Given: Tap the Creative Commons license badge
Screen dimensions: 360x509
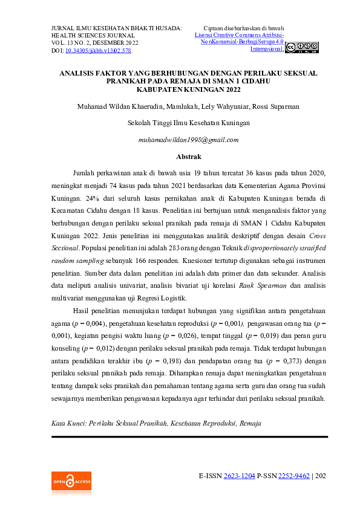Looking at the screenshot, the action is [x=301, y=47].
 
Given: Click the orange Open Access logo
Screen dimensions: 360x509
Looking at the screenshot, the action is [x=71, y=482].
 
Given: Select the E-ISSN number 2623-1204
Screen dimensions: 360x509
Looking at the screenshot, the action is [x=239, y=476].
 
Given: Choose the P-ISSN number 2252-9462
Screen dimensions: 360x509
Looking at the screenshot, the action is [x=293, y=476].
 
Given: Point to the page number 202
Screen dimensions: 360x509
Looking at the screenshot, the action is [x=321, y=476].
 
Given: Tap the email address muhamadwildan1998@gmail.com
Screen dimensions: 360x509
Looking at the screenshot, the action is [x=188, y=140].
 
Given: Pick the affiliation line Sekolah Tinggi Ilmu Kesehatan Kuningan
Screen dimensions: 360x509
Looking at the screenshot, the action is [x=188, y=123].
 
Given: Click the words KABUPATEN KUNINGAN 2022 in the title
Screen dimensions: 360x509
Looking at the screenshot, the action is [x=188, y=89].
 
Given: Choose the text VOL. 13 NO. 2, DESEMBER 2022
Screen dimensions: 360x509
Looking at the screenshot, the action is [x=95, y=44].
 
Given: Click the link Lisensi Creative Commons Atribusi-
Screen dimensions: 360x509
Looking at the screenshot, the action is [x=239, y=36].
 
